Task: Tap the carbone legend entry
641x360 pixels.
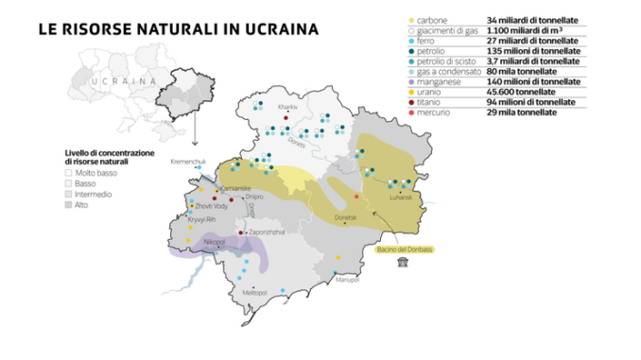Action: tap(431, 19)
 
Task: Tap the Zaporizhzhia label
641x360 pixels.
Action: tap(267, 231)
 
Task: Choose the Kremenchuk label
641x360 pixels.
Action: tap(187, 162)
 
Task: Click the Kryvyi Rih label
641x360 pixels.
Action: tap(202, 219)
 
